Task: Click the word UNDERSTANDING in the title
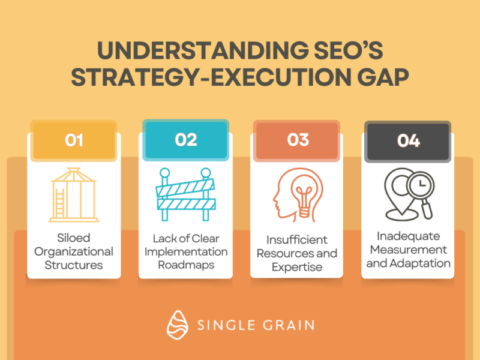click(203, 50)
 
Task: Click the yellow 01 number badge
click(74, 140)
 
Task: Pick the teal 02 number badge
click(186, 140)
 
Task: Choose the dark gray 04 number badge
click(408, 142)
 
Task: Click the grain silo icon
click(74, 194)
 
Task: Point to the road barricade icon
click(185, 194)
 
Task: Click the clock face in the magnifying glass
click(421, 185)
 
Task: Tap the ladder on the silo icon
click(59, 203)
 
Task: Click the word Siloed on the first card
click(73, 238)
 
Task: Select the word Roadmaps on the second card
click(186, 265)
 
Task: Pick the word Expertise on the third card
click(297, 267)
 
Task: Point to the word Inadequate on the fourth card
click(409, 236)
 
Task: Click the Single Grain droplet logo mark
click(177, 325)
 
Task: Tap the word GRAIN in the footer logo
click(289, 325)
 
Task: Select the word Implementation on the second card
click(186, 252)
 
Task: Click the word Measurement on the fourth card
click(409, 250)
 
